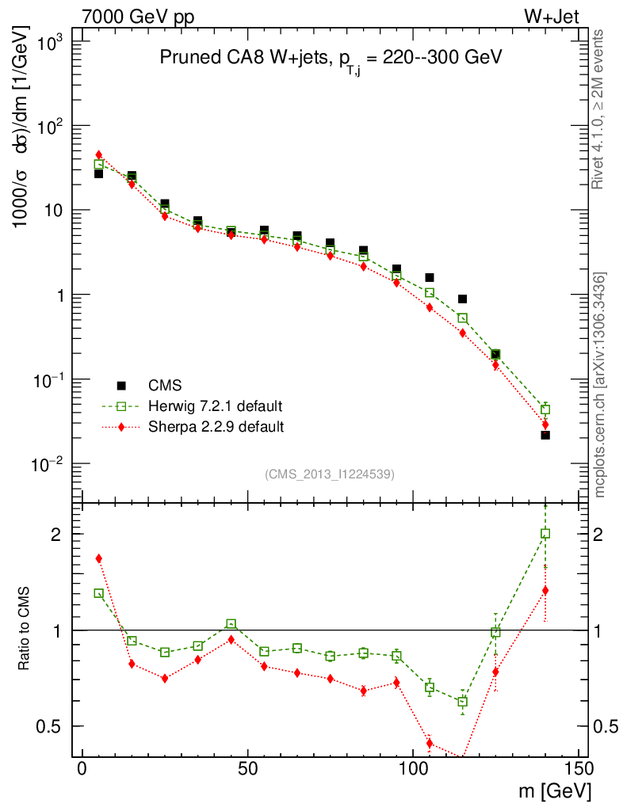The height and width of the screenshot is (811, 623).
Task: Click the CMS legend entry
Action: pyautogui.click(x=165, y=386)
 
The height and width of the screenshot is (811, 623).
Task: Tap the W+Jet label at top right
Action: pyautogui.click(x=556, y=17)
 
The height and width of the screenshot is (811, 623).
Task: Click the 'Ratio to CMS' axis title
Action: pyautogui.click(x=25, y=630)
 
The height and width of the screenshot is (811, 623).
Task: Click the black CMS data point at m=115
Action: pyautogui.click(x=462, y=299)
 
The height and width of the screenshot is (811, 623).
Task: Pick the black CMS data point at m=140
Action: pyautogui.click(x=545, y=435)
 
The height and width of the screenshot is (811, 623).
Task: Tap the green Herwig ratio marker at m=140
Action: pyautogui.click(x=545, y=534)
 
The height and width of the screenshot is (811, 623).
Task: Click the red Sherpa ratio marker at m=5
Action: pyautogui.click(x=99, y=558)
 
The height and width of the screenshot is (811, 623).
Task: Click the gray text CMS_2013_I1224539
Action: pyautogui.click(x=331, y=474)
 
